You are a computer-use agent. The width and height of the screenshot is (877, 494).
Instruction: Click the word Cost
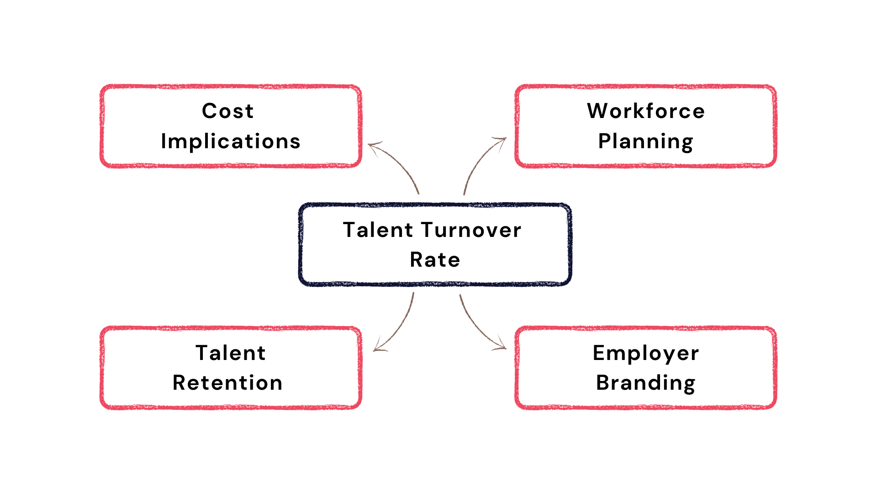(x=227, y=111)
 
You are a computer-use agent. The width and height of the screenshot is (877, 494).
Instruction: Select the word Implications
(x=231, y=141)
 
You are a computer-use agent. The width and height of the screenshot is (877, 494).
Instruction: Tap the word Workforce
(x=646, y=111)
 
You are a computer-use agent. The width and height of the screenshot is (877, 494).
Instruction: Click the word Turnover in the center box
(x=471, y=230)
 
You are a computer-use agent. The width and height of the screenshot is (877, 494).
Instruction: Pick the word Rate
(x=435, y=260)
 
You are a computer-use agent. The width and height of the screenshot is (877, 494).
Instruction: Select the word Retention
(x=227, y=383)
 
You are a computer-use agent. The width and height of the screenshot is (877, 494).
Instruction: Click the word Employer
(x=646, y=354)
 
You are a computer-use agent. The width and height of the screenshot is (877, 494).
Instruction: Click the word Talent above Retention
(x=231, y=353)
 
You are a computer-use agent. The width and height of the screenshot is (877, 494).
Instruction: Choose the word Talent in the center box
(x=378, y=230)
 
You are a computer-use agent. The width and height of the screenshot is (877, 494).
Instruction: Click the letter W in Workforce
(x=598, y=111)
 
